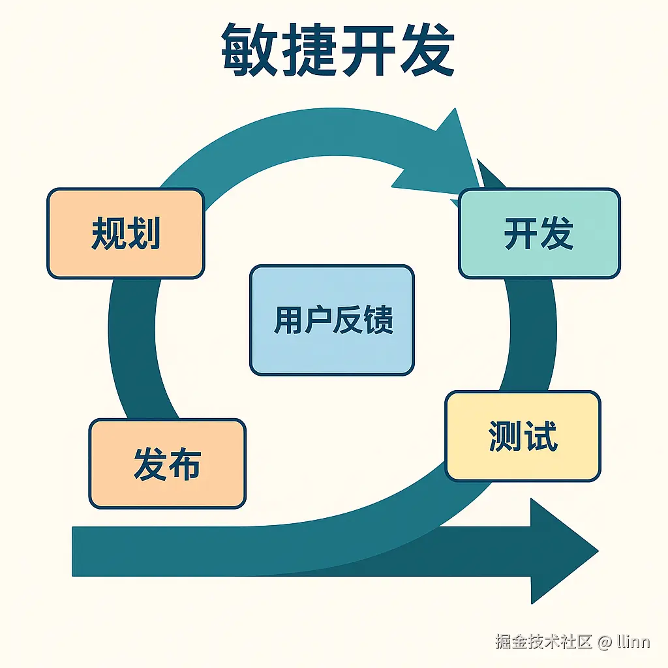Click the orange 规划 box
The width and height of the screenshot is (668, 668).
pos(125,233)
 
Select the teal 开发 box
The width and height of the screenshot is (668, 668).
pos(539,233)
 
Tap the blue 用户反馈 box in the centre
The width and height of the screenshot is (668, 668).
pos(332,320)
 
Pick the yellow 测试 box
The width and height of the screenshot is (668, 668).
pos(523,436)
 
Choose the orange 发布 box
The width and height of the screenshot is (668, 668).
pos(167,463)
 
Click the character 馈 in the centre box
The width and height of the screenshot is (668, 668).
pos(378,320)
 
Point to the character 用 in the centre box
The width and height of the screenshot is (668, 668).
pos(287,320)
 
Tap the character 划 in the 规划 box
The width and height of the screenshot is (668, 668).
pos(144,233)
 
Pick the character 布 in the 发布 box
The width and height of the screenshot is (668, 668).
pos(184,463)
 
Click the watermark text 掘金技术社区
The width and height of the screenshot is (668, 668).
pos(543,641)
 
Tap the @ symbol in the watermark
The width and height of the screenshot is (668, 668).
pos(605,641)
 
